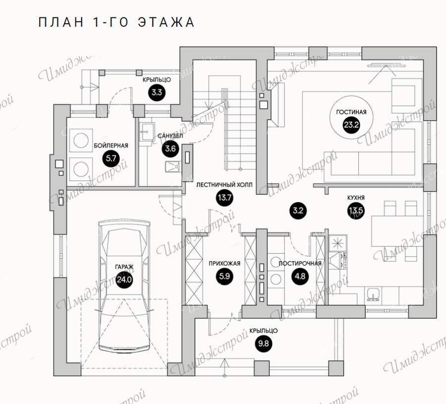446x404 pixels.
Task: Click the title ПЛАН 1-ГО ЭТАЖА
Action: pyautogui.click(x=116, y=22)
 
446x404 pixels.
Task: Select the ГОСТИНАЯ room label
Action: pyautogui.click(x=351, y=112)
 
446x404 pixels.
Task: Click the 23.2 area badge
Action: pyautogui.click(x=351, y=125)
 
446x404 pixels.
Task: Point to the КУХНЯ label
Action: pyautogui.click(x=356, y=198)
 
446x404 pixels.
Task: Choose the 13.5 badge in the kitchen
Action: pyautogui.click(x=356, y=211)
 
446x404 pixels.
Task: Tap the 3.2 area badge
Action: pyautogui.click(x=298, y=211)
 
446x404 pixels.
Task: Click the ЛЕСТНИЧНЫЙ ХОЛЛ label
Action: pyautogui.click(x=224, y=185)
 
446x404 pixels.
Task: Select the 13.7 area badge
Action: pyautogui.click(x=224, y=197)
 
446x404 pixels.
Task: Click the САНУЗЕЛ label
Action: pyautogui.click(x=170, y=136)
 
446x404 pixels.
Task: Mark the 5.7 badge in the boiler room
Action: pyautogui.click(x=111, y=158)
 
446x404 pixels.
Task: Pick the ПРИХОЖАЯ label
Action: pyautogui.click(x=224, y=263)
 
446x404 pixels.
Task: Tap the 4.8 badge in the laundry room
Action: pyautogui.click(x=300, y=276)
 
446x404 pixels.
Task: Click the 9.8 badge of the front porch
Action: pyautogui.click(x=264, y=344)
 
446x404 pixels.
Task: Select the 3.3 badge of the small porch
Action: pyautogui.click(x=157, y=92)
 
